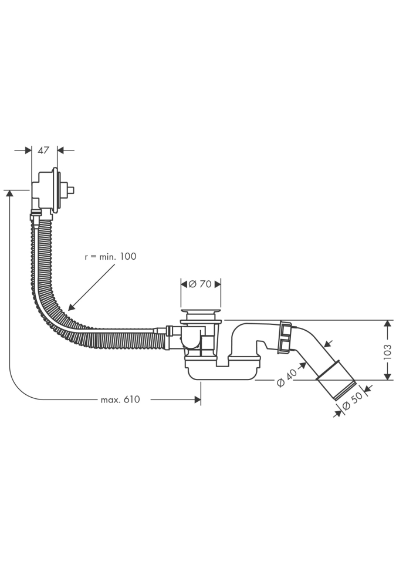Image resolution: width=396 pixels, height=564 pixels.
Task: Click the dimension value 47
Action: (x=43, y=150)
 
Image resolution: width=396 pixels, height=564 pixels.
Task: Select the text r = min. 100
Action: (x=110, y=256)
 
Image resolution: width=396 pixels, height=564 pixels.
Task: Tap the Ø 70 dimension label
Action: (x=200, y=284)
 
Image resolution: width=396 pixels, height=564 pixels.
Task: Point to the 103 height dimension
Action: (x=387, y=351)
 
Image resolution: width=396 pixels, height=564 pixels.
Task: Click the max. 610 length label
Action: (x=120, y=399)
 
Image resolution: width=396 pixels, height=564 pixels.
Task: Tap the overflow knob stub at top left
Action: (x=72, y=190)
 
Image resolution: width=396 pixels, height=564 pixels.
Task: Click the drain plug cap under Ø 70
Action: (x=201, y=311)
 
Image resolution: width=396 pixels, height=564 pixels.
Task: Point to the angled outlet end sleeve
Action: (x=336, y=381)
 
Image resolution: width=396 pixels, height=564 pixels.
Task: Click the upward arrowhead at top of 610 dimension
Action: (x=9, y=194)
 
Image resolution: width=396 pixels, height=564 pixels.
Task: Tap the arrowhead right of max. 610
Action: (x=197, y=399)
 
